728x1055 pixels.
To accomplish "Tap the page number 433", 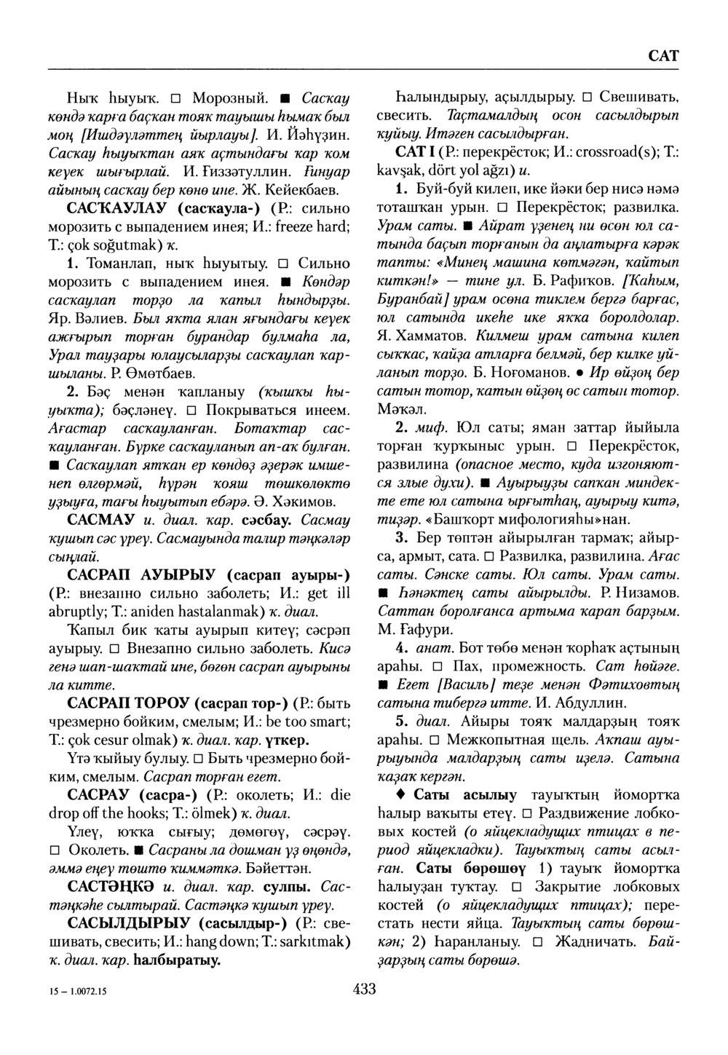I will (363, 988).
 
